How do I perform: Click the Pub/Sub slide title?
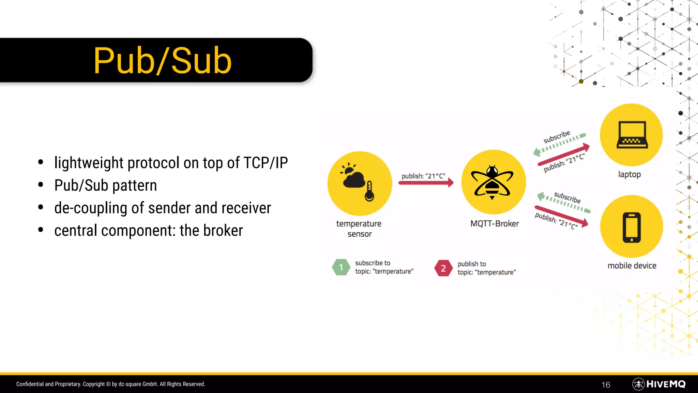click(163, 61)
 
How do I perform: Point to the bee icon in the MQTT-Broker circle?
click(492, 182)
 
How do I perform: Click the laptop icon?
click(632, 135)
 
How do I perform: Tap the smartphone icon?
click(632, 227)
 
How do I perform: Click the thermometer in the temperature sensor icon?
click(369, 192)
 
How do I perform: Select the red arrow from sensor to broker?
click(426, 183)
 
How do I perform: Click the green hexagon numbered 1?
click(341, 267)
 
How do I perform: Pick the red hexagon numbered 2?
click(443, 268)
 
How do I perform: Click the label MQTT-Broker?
click(494, 224)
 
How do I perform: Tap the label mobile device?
click(632, 266)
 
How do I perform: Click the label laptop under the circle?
click(629, 174)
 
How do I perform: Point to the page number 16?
click(606, 385)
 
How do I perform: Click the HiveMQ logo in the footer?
click(659, 384)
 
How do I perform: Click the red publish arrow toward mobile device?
click(561, 216)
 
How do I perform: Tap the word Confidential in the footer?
click(30, 384)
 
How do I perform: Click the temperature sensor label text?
click(359, 229)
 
